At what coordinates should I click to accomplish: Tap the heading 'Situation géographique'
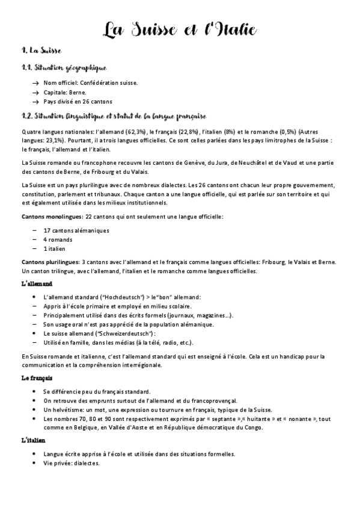pos(72,69)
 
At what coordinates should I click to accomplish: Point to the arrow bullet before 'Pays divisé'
pos(36,102)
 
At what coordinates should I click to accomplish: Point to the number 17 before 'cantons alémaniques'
pos(47,230)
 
